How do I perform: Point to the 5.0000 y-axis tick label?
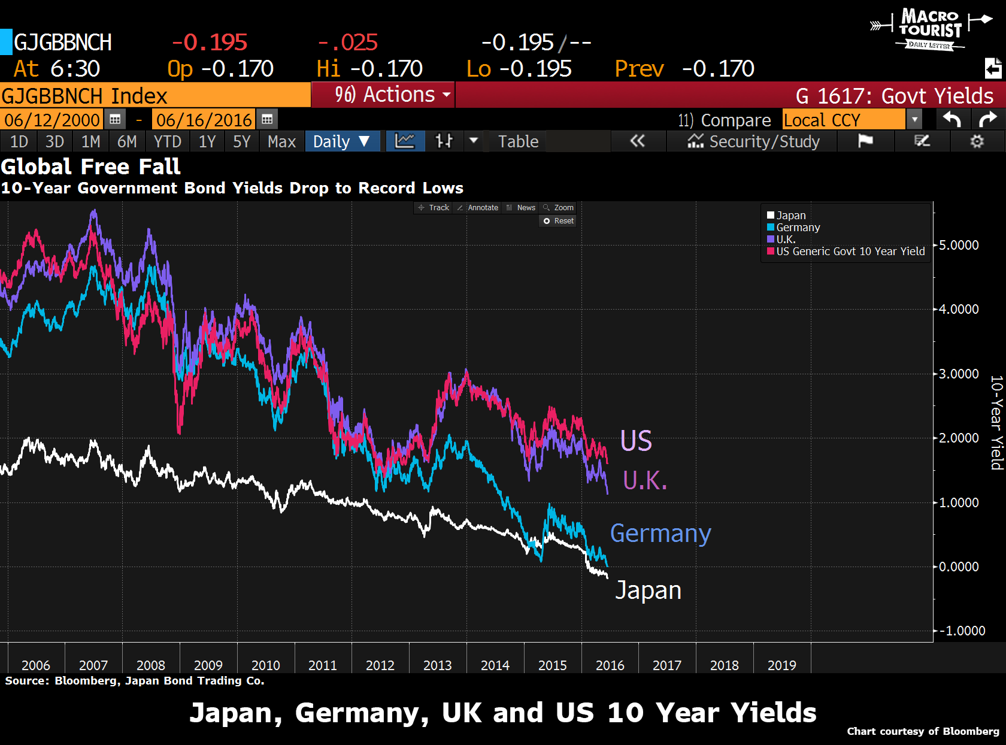pos(959,245)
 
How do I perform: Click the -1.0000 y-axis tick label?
pos(962,631)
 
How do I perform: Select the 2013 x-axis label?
pos(437,665)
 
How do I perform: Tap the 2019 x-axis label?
pos(781,665)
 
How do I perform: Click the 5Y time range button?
pos(241,142)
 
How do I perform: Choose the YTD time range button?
pos(167,142)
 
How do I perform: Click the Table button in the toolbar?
pos(518,142)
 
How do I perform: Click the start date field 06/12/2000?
pos(52,120)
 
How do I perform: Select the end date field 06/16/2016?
pos(204,120)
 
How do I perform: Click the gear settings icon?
pos(977,142)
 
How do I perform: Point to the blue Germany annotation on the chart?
pos(660,533)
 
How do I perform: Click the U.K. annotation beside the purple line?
pos(644,480)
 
